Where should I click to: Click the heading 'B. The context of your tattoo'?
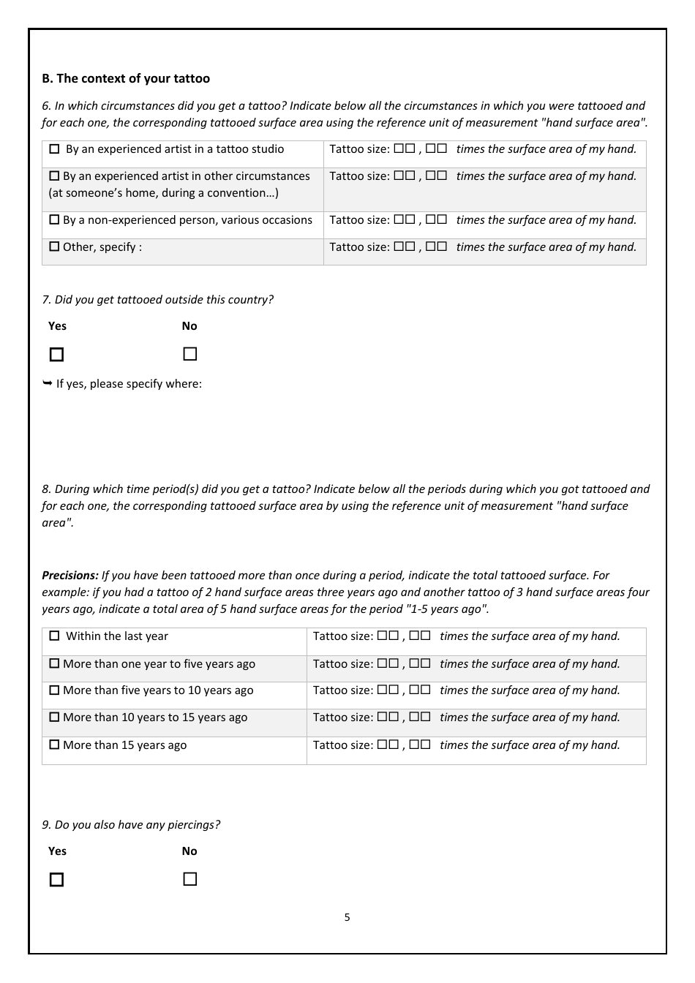pos(126,78)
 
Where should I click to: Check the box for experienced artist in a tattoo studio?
pos(54,149)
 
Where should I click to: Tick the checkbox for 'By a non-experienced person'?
pos(54,220)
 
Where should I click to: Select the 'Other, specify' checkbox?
pos(54,247)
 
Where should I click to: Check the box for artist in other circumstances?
pos(54,176)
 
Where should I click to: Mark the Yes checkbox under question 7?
pos(56,355)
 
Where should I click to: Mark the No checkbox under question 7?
pos(190,354)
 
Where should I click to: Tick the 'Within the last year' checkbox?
pos(54,636)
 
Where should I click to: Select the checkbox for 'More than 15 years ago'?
pos(54,745)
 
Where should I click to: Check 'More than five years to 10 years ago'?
pos(54,690)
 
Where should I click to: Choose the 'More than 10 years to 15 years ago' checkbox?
pos(54,718)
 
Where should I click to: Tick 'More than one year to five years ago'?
pos(54,664)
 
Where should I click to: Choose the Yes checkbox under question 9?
pos(56,880)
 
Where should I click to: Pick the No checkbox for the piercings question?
pos(190,879)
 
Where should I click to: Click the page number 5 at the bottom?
pos(347,917)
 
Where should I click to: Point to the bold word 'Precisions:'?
pos(70,576)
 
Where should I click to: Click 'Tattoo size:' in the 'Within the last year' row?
pos(343,636)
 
